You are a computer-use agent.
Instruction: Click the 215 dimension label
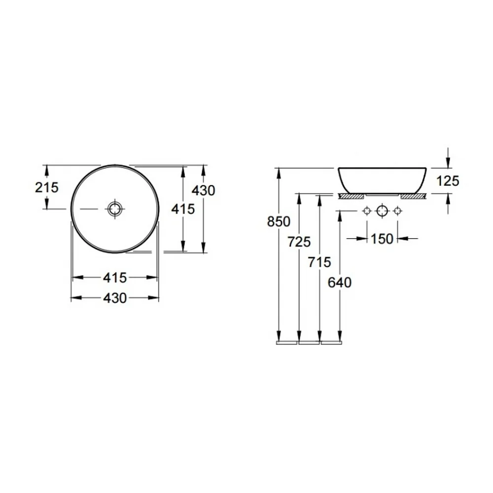[x=46, y=187]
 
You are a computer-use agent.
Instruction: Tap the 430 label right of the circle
[x=204, y=190]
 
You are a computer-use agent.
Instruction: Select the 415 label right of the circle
[x=183, y=209]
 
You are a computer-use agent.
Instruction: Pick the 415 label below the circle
[x=115, y=278]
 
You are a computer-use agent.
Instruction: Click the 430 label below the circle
[x=115, y=298]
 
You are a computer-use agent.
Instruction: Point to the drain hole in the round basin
[x=115, y=209]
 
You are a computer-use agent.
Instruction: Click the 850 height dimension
[x=279, y=222]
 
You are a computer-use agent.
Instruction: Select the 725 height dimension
[x=299, y=242]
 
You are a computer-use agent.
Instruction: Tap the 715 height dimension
[x=319, y=262]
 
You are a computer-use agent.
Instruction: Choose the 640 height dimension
[x=340, y=282]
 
